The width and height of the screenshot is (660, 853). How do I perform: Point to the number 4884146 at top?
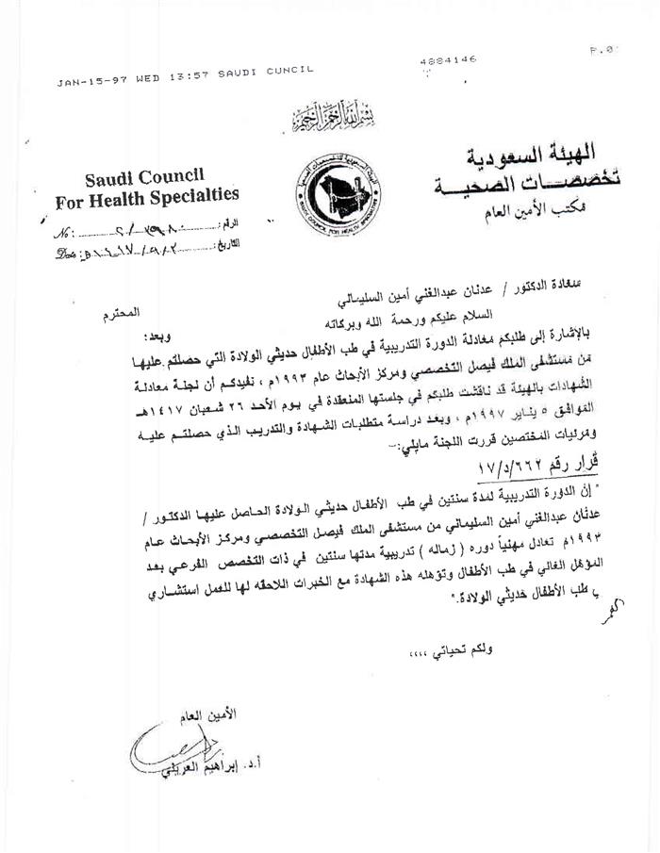(442, 60)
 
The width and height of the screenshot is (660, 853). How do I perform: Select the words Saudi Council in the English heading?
(144, 177)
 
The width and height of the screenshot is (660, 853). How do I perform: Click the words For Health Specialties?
(146, 198)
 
